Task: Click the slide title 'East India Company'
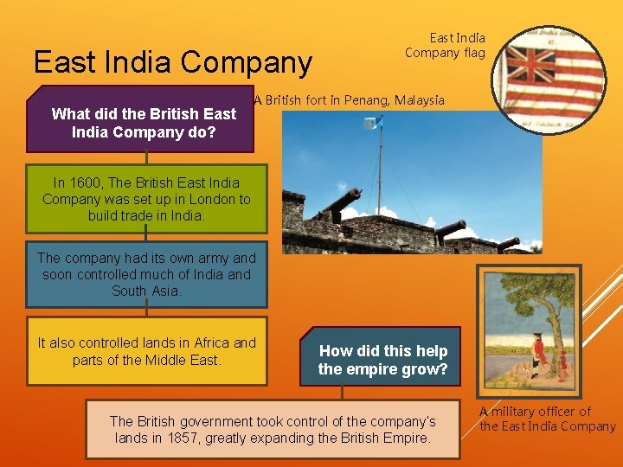[173, 62]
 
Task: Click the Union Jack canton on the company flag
[530, 65]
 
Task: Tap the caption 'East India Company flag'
[446, 45]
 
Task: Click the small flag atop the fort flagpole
[376, 123]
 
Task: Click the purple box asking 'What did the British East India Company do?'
[144, 124]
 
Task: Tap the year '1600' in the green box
[91, 182]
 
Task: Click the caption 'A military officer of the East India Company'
[548, 419]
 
